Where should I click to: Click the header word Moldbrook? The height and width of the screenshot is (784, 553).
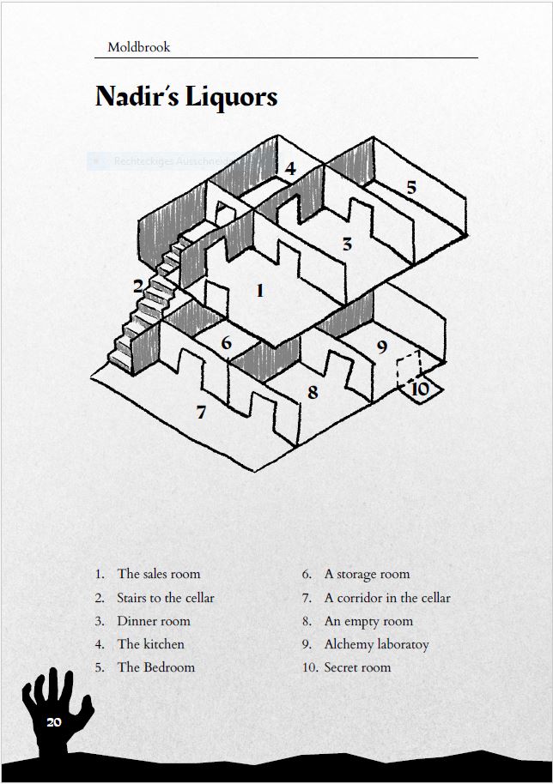point(138,47)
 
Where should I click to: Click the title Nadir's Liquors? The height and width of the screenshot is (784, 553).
point(186,96)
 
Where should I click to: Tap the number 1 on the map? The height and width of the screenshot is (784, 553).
point(260,291)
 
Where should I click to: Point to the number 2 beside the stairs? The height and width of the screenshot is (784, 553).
point(137,286)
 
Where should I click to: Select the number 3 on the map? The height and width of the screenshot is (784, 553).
point(347,244)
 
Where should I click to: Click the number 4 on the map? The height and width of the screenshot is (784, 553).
point(290,168)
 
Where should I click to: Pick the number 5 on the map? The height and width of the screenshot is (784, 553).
point(410,187)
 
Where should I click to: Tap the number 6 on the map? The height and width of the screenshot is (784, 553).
point(226,343)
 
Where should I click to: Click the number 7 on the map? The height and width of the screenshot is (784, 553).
point(201,413)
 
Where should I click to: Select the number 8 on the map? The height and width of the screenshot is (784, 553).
point(313,392)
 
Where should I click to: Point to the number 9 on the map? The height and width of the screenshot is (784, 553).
point(382,347)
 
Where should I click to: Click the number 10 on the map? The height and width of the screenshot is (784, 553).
point(420,389)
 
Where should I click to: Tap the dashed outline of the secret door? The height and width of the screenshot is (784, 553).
point(408,370)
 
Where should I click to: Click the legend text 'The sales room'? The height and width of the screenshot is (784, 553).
point(158,574)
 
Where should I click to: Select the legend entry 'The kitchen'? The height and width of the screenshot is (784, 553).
point(150,644)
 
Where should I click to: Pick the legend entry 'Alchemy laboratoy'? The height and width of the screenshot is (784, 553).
point(376,644)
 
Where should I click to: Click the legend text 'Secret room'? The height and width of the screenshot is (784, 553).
point(357,667)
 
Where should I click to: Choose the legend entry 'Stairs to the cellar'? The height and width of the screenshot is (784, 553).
point(165,598)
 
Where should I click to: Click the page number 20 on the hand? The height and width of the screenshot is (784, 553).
point(54,722)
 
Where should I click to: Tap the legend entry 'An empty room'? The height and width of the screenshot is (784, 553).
point(368,621)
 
